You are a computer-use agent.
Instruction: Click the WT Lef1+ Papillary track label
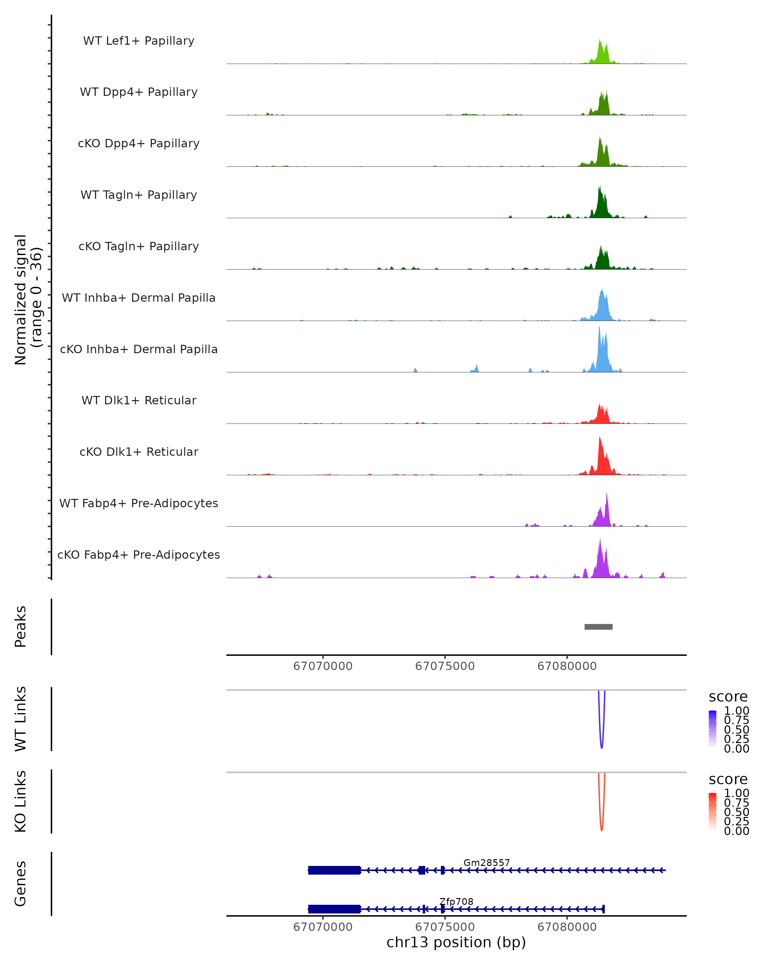(x=139, y=41)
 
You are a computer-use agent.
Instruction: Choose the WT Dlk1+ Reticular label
(x=139, y=400)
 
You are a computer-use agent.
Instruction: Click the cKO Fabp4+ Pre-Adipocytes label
(x=139, y=555)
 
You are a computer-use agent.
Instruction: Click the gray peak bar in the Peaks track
(x=598, y=627)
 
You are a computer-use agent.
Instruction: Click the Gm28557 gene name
(x=486, y=862)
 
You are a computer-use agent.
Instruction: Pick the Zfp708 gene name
(x=456, y=901)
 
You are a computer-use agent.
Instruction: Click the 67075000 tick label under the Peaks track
(x=445, y=666)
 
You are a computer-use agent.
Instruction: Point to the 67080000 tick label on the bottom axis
(x=567, y=927)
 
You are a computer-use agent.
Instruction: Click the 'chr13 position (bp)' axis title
(x=456, y=942)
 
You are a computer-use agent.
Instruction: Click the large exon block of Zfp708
(x=334, y=909)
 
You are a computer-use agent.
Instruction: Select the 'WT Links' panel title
(x=21, y=719)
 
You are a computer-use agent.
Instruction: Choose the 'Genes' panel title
(x=21, y=884)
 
